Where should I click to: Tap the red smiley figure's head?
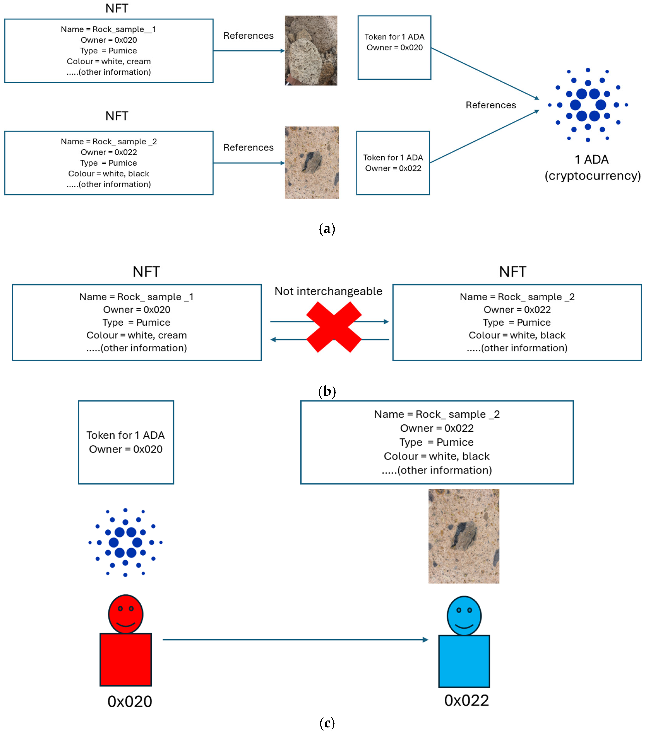tap(126, 614)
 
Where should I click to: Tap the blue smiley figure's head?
tap(464, 616)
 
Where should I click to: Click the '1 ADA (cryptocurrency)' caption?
tap(592, 168)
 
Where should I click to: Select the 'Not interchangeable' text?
tap(328, 291)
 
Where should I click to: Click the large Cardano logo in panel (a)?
tap(588, 105)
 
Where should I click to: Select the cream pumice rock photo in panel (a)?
tap(311, 50)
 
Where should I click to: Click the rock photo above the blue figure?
tap(464, 536)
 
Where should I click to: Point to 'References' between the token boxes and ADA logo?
tap(491, 105)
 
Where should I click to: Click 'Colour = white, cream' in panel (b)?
tap(137, 335)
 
